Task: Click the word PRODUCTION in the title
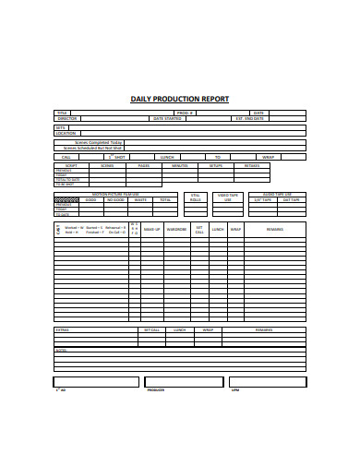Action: [x=179, y=99]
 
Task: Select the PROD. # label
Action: [x=185, y=113]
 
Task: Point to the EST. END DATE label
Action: [x=249, y=118]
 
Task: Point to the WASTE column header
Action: [x=141, y=198]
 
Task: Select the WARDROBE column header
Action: [x=176, y=228]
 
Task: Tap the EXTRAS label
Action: [x=63, y=329]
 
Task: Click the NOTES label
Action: [x=61, y=351]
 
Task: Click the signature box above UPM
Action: [x=268, y=381]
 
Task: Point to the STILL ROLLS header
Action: [x=196, y=197]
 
